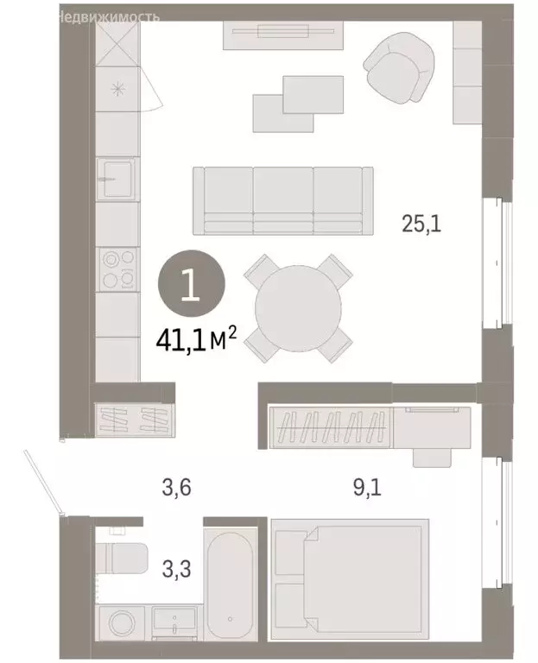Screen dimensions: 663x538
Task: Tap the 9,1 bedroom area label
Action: click(x=366, y=489)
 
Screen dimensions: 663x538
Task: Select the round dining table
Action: click(x=298, y=309)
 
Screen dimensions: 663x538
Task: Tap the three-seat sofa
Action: click(x=282, y=200)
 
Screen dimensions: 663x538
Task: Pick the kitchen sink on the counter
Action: click(x=117, y=179)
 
